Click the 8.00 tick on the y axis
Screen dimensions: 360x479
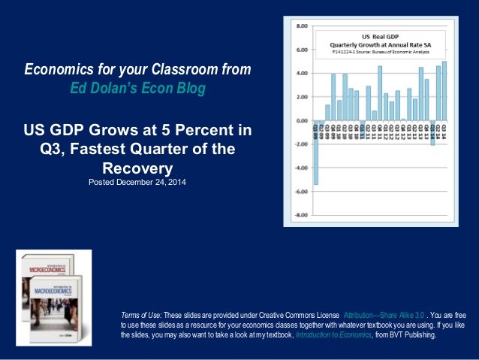[300, 26]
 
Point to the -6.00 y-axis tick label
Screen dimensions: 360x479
[300, 192]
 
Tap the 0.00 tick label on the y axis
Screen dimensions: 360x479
[300, 121]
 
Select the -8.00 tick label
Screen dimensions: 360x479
[300, 216]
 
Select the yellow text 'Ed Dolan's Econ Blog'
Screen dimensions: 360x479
[137, 88]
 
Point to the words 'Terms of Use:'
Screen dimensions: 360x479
[140, 313]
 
